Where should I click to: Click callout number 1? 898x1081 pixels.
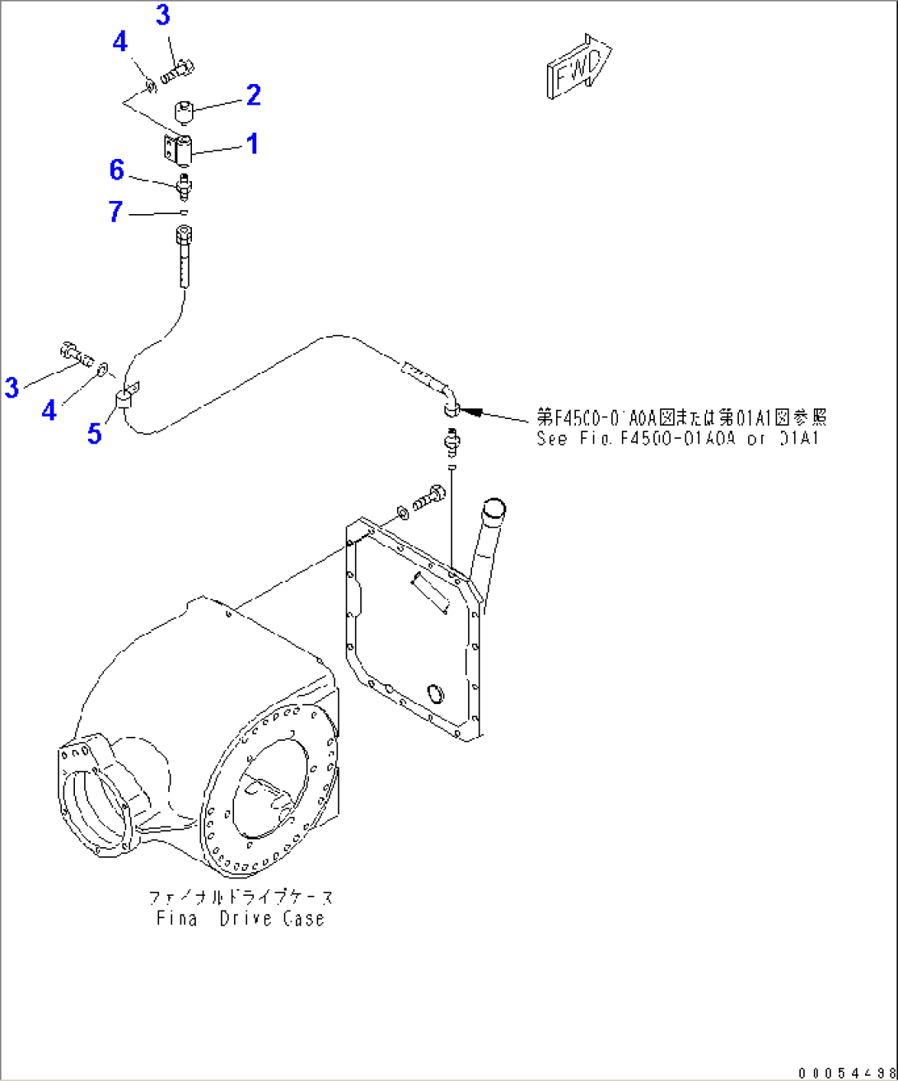click(x=253, y=143)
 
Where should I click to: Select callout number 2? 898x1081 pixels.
click(x=253, y=95)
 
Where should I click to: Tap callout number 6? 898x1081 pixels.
click(x=117, y=170)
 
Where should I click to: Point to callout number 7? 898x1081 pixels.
click(x=115, y=212)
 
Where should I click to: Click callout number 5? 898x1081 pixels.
click(x=95, y=433)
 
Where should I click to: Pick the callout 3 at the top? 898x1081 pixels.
click(x=162, y=15)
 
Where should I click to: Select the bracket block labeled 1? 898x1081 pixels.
click(x=182, y=149)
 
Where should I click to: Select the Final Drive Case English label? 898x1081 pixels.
click(x=241, y=918)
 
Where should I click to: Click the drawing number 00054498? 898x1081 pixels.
click(x=846, y=1072)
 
